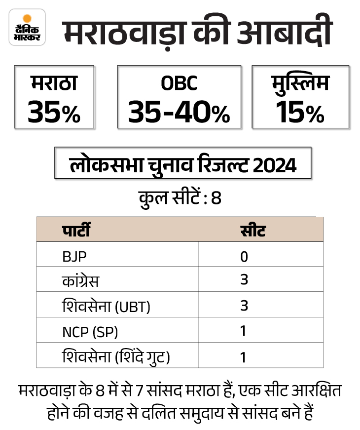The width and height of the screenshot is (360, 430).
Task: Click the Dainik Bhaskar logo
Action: pyautogui.click(x=27, y=27)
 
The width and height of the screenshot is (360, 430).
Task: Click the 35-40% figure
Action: pyautogui.click(x=179, y=113)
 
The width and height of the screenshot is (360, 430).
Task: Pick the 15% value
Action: pyautogui.click(x=300, y=113)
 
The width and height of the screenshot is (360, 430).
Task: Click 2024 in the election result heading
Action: pyautogui.click(x=276, y=165)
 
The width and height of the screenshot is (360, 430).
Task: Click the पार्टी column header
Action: pyautogui.click(x=76, y=230)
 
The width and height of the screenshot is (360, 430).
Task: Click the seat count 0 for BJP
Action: pyautogui.click(x=244, y=257)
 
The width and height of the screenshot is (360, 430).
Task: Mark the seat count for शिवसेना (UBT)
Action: pyautogui.click(x=244, y=306)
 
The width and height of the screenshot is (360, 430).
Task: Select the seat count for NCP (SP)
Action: pyautogui.click(x=243, y=331)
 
